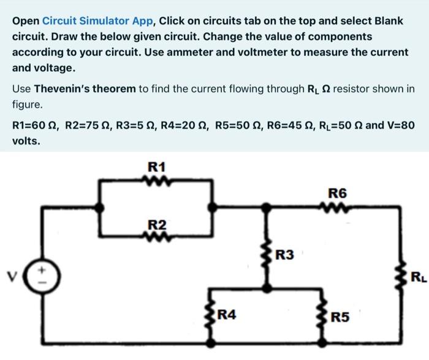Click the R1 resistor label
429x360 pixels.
pyautogui.click(x=157, y=167)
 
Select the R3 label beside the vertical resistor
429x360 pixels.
pyautogui.click(x=286, y=253)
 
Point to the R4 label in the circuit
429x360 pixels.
pyautogui.click(x=227, y=316)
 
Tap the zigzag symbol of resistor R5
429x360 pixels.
pyautogui.click(x=322, y=315)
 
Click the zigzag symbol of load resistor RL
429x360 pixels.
pyautogui.click(x=403, y=277)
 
